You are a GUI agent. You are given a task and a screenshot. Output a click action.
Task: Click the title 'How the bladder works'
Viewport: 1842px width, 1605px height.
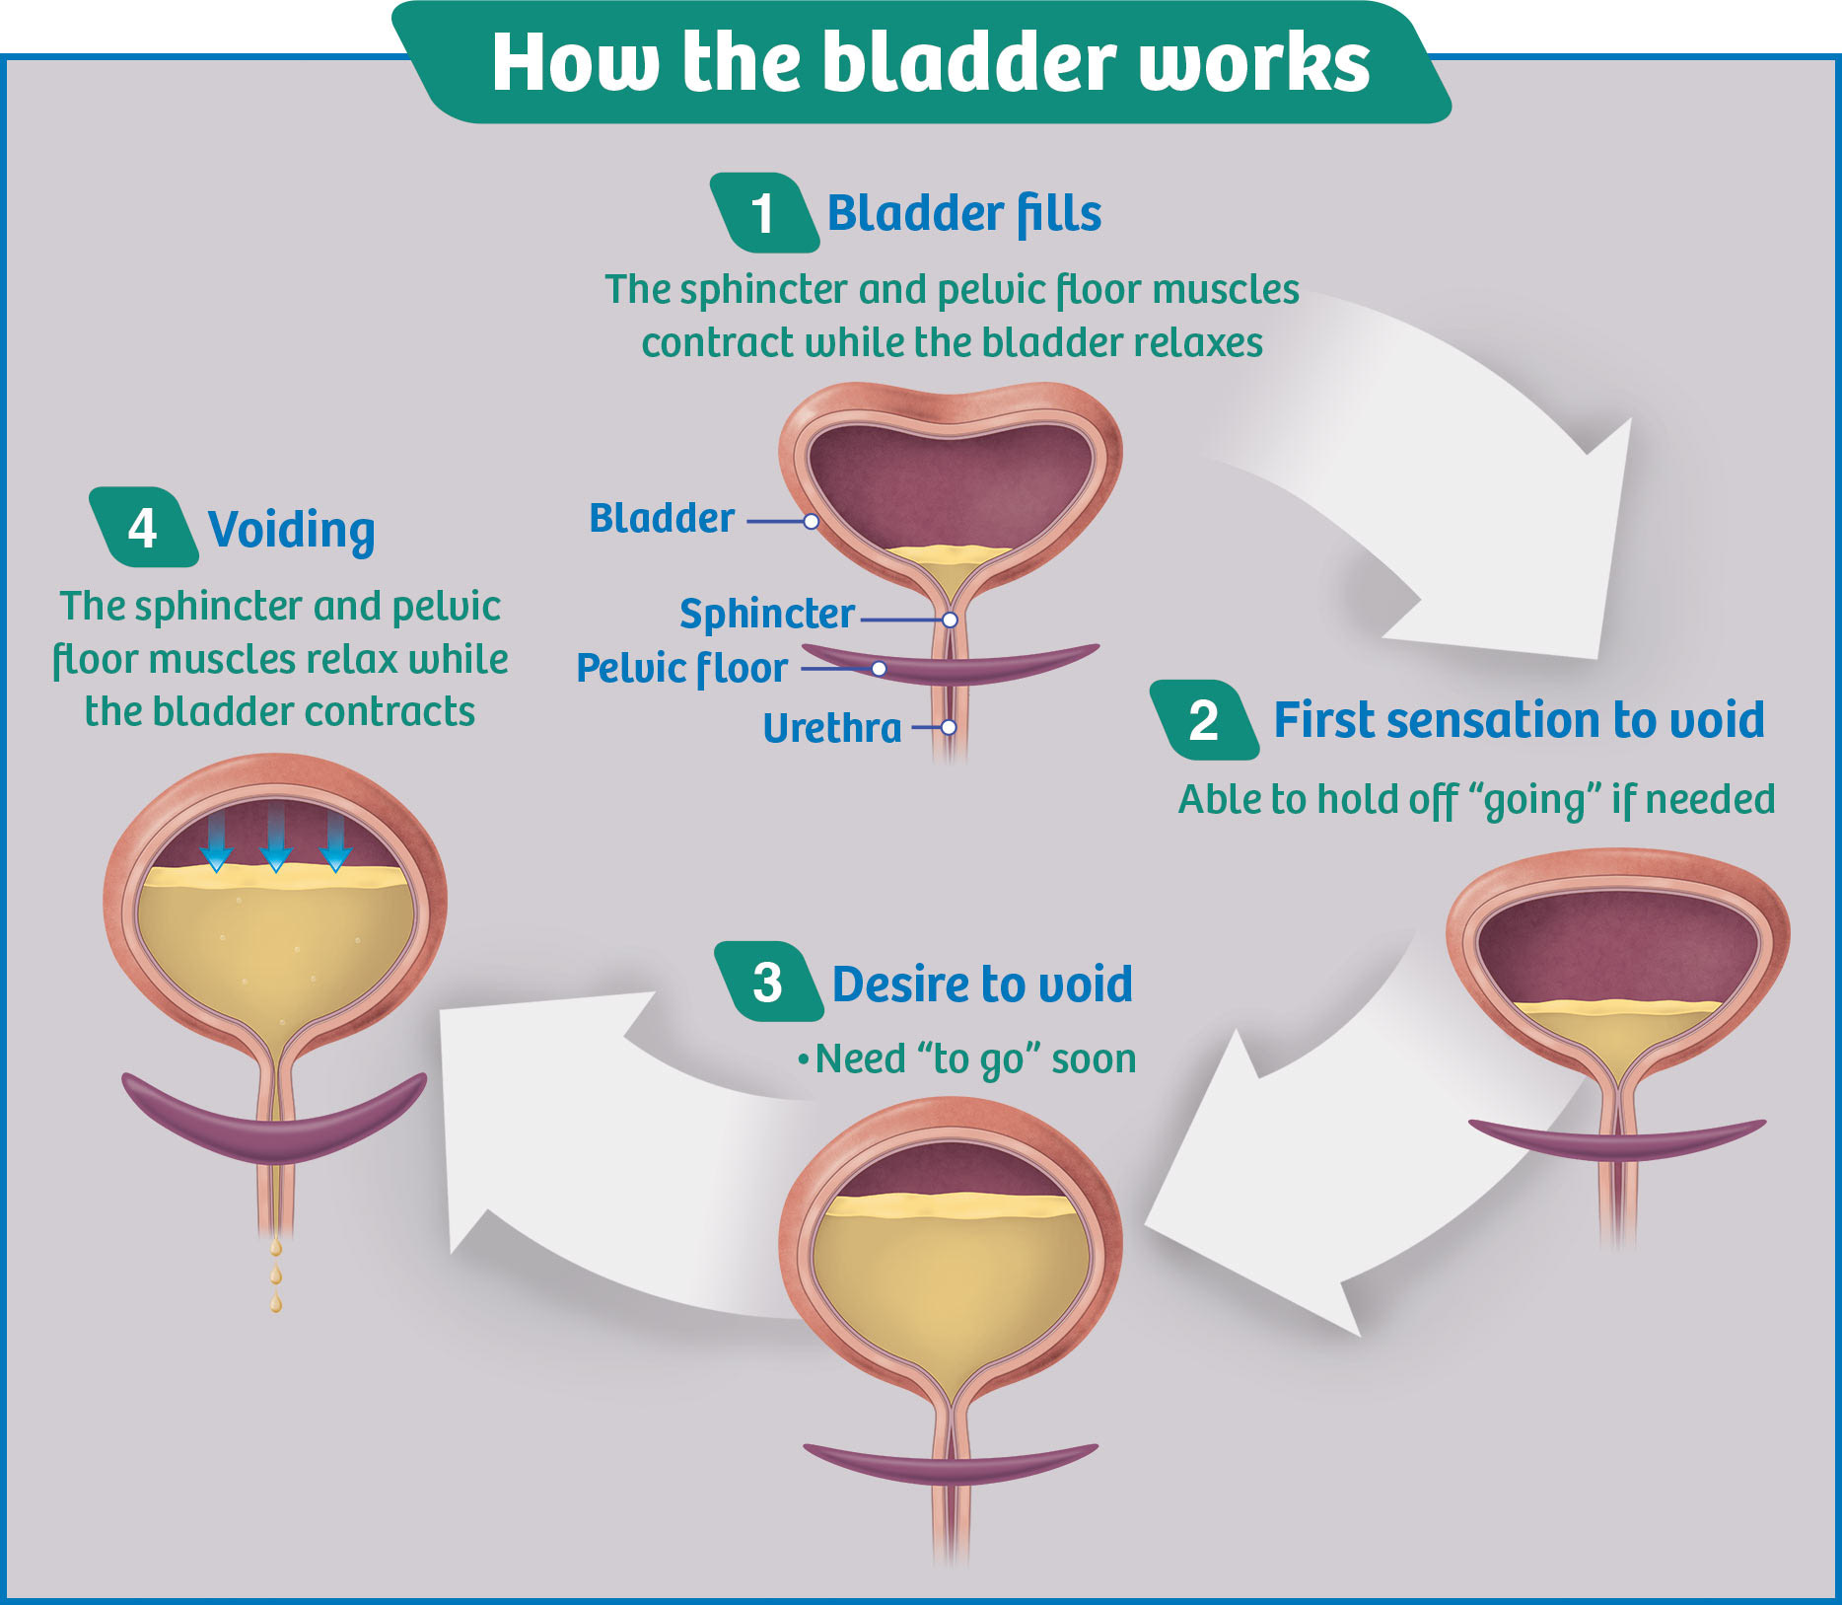pos(930,62)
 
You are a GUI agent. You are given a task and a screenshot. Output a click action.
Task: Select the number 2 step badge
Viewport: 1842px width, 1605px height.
pos(1203,720)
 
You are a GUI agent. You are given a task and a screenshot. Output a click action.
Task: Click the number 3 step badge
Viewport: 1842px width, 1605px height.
pos(767,983)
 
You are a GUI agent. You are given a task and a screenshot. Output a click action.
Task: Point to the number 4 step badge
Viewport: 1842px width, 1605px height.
pos(143,528)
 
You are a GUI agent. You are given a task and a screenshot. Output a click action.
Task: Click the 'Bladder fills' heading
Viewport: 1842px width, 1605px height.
pos(963,214)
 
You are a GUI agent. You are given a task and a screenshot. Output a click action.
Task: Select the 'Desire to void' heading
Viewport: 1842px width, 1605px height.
pos(982,985)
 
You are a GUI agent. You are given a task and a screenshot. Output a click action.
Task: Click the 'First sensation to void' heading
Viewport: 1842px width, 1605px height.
pos(1519,720)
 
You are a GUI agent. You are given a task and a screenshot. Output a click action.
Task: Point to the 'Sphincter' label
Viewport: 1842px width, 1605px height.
pos(766,615)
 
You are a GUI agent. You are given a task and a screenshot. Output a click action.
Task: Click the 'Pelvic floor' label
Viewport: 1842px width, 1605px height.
pos(681,669)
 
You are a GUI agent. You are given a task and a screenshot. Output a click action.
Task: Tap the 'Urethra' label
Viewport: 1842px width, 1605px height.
pos(832,729)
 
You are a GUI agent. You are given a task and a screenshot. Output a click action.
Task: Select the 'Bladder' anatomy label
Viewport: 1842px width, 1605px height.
pos(662,519)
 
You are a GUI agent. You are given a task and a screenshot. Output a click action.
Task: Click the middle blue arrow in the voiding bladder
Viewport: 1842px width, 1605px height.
pos(276,839)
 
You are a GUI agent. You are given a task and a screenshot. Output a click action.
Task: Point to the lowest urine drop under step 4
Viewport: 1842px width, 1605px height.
pos(276,1304)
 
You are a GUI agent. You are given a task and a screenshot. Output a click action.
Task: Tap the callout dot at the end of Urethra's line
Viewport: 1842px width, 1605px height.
pos(949,727)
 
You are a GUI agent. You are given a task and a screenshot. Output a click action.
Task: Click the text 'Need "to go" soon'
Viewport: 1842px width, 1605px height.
pos(975,1059)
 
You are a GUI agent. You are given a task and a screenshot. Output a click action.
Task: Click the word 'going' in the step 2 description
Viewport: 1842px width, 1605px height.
pos(1534,801)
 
